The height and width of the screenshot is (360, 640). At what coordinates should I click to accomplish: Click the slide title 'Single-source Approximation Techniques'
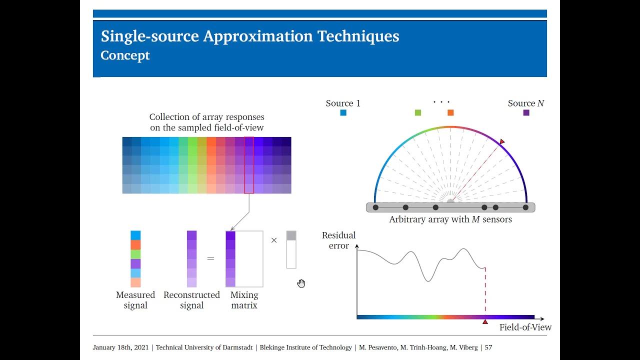pos(250,36)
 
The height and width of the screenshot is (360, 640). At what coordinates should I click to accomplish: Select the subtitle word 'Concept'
pos(125,55)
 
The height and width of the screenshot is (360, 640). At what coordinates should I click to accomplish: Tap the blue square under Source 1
pos(343,113)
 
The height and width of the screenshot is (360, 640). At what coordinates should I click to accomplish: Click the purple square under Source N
pos(526,113)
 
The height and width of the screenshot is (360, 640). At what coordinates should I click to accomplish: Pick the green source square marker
pos(418,113)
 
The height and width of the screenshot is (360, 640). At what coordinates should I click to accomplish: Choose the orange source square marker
pos(450,113)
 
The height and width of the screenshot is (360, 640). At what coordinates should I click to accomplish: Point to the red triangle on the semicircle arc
pos(502,142)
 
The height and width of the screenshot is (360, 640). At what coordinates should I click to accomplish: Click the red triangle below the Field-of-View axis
pos(485,322)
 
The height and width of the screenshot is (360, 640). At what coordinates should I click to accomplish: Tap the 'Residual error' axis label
pos(338,240)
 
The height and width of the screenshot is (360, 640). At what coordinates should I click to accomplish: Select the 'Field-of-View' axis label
pos(525,327)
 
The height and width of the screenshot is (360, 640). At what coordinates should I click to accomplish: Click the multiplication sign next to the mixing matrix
pos(274,240)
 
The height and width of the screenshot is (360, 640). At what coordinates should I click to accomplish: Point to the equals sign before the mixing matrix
pos(210,259)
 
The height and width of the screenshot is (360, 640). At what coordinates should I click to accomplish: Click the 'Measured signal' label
pos(135,300)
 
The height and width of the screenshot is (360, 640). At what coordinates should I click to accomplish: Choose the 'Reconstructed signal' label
pos(191,300)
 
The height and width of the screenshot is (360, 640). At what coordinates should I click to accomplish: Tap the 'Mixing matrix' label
pos(244,300)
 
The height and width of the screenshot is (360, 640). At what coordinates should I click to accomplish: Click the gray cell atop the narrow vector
pos(291,235)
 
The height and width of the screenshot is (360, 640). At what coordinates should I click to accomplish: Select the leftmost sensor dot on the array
pos(375,207)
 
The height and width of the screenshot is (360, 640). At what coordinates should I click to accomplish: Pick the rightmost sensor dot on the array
pos(525,207)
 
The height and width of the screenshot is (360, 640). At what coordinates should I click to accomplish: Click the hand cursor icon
pos(301,284)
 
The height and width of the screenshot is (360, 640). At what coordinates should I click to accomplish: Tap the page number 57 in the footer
pos(488,347)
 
